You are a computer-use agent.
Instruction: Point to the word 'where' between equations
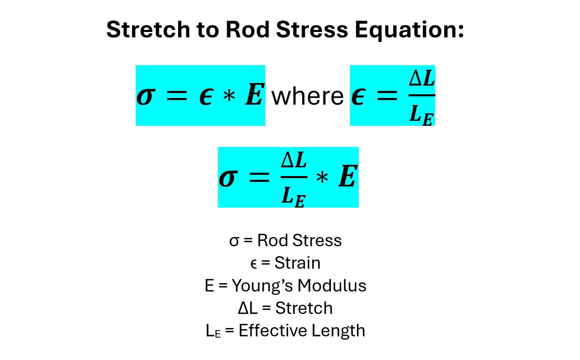tap(308, 96)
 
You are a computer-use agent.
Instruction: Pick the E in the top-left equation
tap(254, 95)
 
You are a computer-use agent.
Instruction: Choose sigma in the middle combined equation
tap(227, 178)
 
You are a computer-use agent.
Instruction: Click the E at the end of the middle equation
tap(347, 177)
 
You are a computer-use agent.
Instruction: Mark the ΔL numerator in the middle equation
tap(294, 160)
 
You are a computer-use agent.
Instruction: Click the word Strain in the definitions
tap(297, 263)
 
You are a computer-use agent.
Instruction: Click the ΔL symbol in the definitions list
tap(248, 308)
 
